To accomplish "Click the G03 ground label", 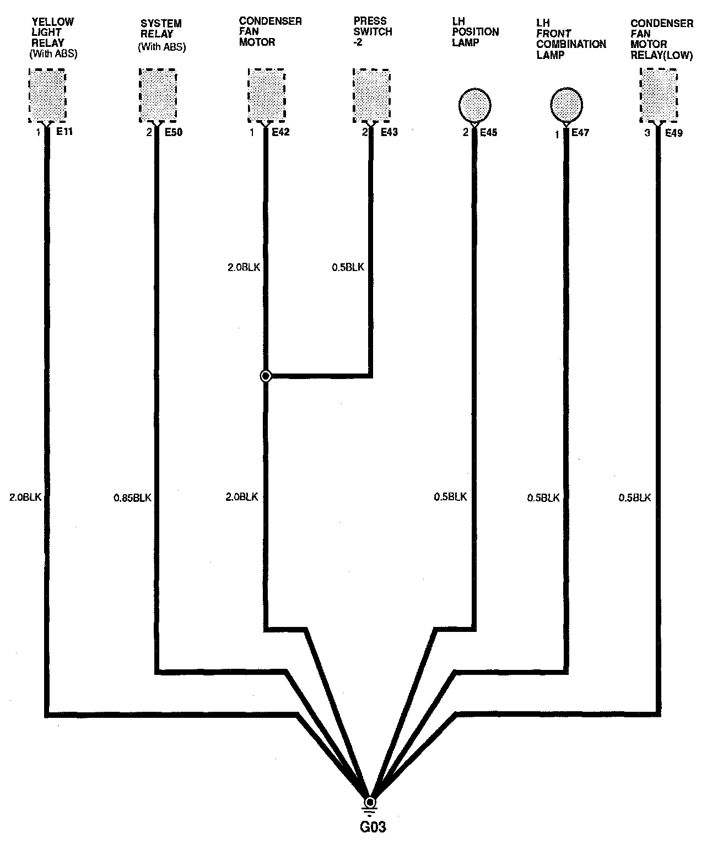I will click(370, 827).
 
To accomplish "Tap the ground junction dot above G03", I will click(370, 802).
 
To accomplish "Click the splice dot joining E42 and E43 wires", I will click(266, 376).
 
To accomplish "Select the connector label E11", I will click(64, 132).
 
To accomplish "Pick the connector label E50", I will click(174, 132).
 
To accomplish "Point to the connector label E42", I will click(280, 132).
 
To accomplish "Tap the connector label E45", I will click(489, 132).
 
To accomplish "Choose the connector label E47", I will click(580, 133).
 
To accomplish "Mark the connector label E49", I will click(674, 133).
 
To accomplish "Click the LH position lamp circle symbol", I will click(474, 105).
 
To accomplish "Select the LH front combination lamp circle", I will click(566, 105).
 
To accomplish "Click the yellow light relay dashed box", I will click(47, 96).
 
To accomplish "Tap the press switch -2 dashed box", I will click(371, 96).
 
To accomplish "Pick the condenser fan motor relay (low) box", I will click(659, 96).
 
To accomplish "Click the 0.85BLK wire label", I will click(132, 498).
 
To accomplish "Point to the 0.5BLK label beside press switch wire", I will click(348, 268).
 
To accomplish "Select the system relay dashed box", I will click(158, 96).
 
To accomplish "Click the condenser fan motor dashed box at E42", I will click(267, 96).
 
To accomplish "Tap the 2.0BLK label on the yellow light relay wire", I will click(25, 497).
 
